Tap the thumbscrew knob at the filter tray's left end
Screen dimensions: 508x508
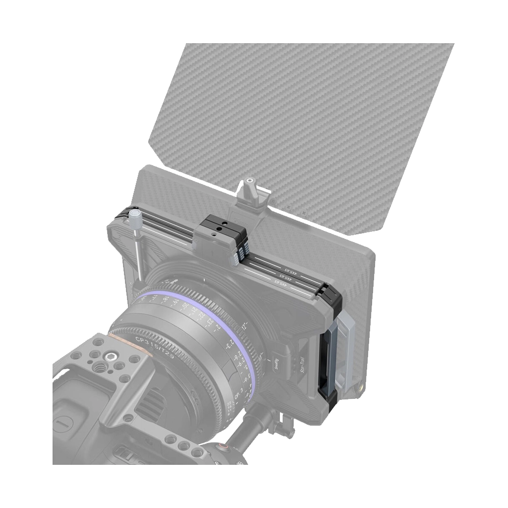coord(135,218)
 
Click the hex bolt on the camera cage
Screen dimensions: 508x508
coord(109,356)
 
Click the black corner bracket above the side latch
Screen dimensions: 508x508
coord(330,300)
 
